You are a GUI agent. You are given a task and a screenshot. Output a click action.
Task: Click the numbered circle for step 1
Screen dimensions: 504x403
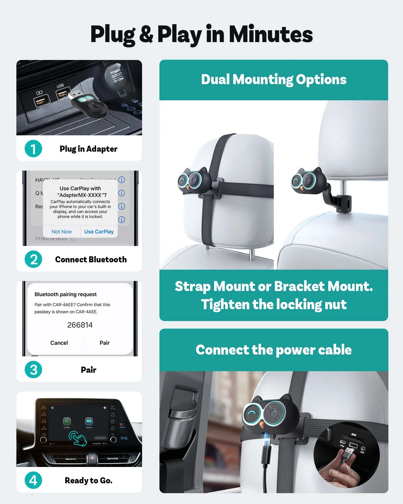point(33,149)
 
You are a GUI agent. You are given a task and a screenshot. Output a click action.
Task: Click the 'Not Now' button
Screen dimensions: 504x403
point(61,232)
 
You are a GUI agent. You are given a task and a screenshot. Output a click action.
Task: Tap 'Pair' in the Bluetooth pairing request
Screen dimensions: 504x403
point(105,343)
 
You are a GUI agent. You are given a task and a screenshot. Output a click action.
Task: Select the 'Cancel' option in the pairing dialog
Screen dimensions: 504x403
point(59,343)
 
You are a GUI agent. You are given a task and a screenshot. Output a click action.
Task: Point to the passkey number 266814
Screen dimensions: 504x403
point(80,325)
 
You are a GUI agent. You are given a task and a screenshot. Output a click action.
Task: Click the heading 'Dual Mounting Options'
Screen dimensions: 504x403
point(274,79)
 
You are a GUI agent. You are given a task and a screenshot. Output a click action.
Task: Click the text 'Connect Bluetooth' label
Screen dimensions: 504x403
point(91,260)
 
